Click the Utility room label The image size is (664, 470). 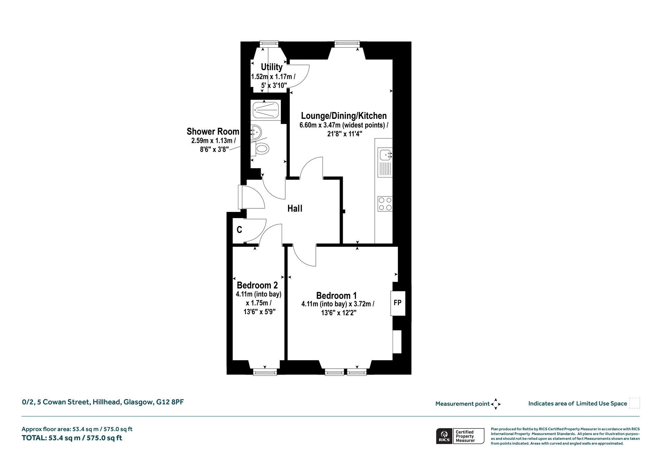click(272, 67)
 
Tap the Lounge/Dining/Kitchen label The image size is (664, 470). click(344, 116)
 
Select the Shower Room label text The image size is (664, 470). click(213, 131)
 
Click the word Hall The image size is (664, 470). click(295, 208)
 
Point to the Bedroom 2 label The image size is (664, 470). click(257, 285)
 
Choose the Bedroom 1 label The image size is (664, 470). click(337, 296)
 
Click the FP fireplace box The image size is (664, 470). click(398, 303)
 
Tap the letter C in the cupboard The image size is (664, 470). click(239, 230)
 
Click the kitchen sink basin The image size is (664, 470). click(385, 155)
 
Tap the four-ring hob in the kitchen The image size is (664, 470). click(385, 204)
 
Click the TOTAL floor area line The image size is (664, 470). click(72, 438)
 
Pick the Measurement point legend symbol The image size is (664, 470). click(496, 404)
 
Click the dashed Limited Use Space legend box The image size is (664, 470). click(634, 403)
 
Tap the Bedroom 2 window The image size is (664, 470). click(265, 372)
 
